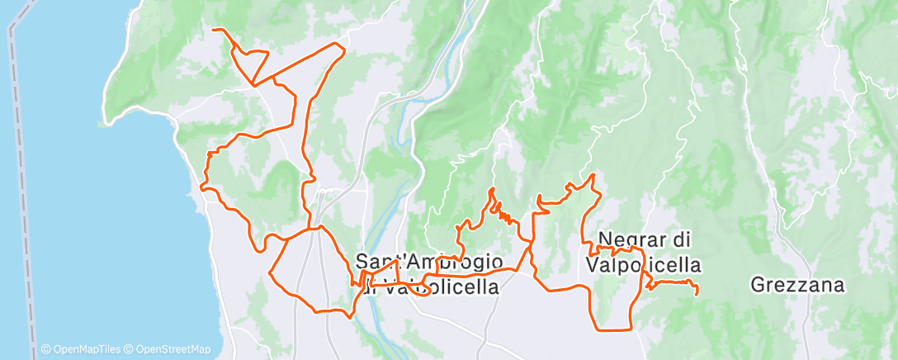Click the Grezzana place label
coord(798,286)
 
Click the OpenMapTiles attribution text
coord(82,349)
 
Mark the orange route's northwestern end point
coord(215,30)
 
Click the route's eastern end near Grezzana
coord(697,293)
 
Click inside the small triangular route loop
coord(251,63)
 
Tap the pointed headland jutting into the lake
coord(102,125)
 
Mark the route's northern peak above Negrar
coord(592,175)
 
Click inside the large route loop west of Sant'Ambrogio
coord(310,268)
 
